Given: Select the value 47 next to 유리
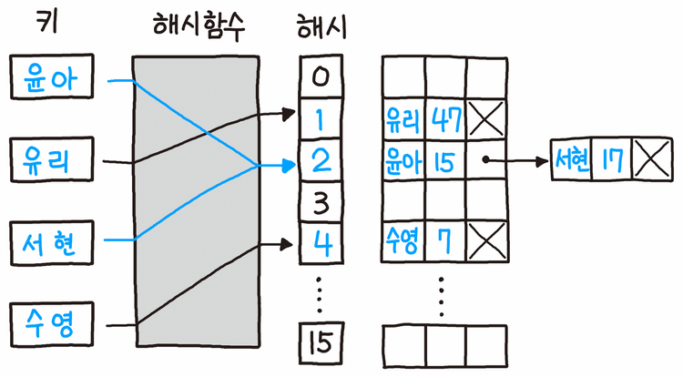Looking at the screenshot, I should tap(446, 118).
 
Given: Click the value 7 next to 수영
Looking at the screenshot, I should tap(446, 240).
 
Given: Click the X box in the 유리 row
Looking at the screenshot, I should tap(486, 118).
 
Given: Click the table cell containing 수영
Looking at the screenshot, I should tap(403, 240).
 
